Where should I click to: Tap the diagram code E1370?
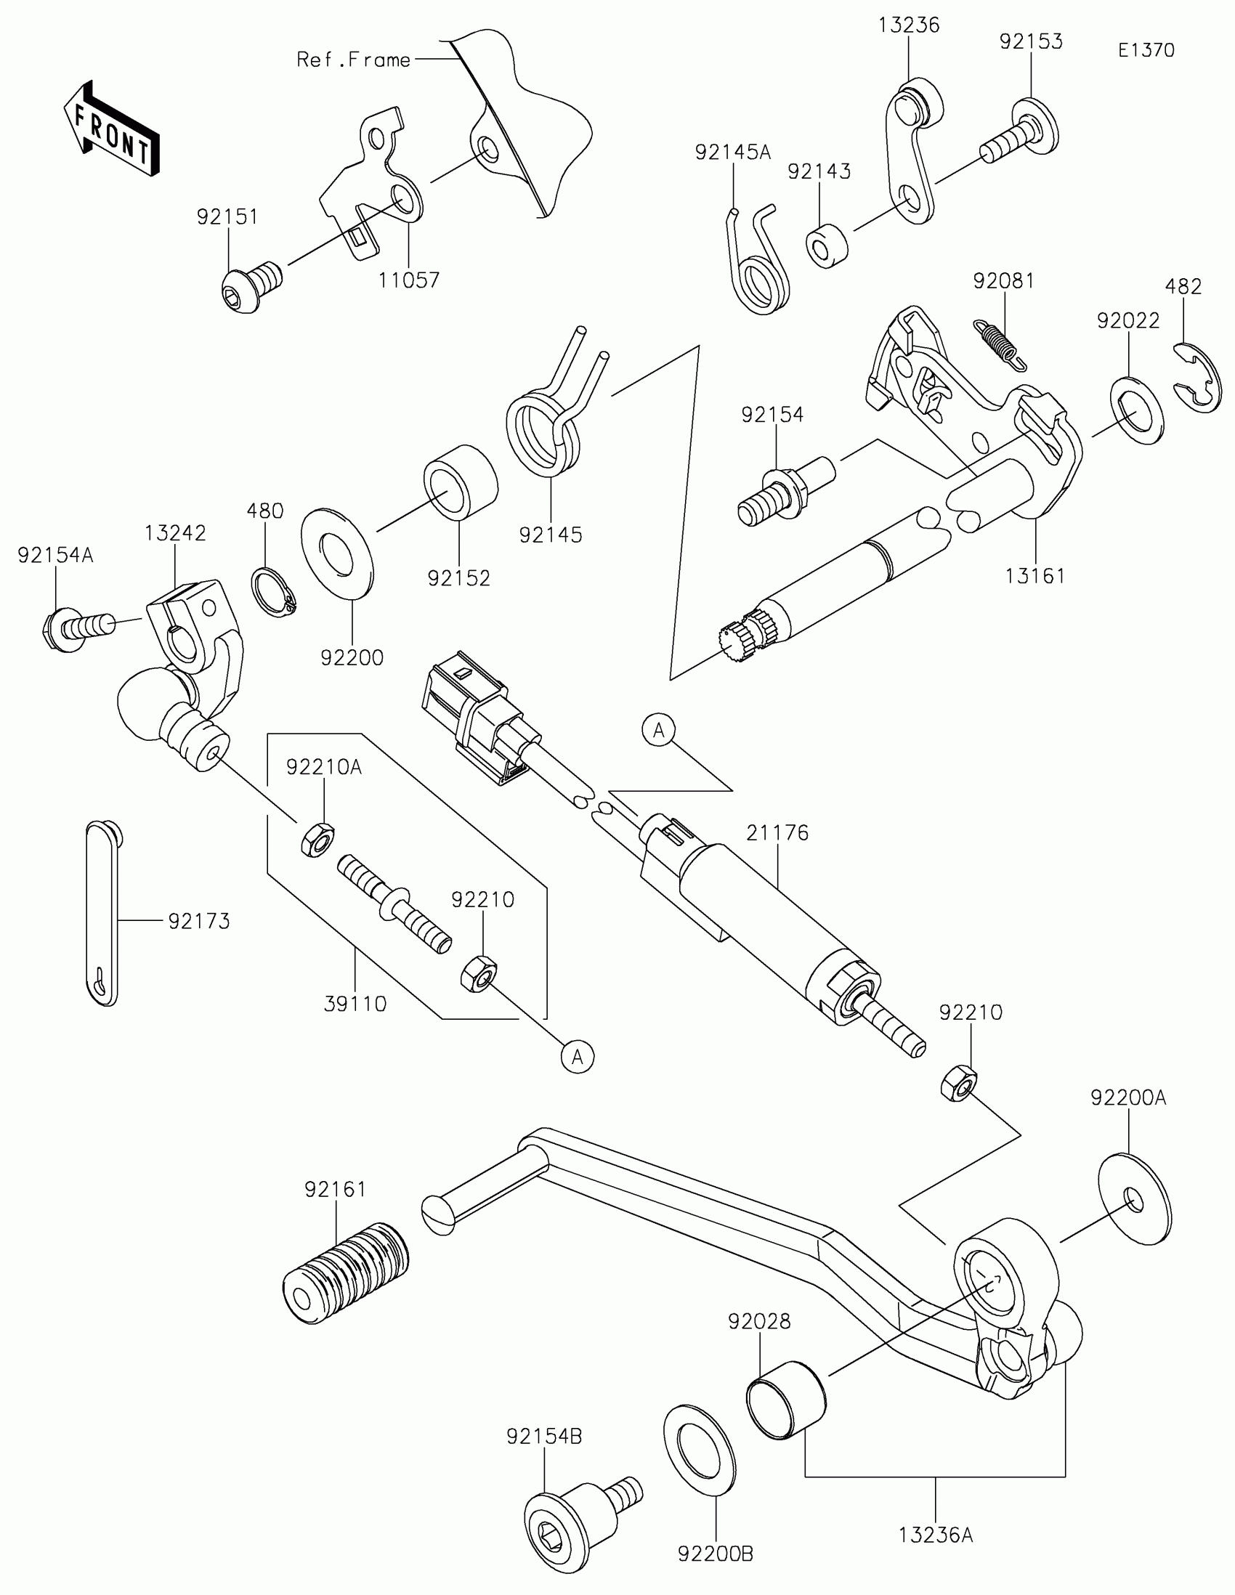[1146, 50]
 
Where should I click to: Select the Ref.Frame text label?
[354, 60]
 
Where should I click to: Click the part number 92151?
[227, 217]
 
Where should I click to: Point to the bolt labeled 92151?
[250, 285]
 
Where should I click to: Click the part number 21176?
[777, 832]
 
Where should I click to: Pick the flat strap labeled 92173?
[102, 913]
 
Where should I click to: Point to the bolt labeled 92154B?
[573, 1518]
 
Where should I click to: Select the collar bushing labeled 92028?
[785, 1400]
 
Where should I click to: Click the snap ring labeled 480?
[274, 590]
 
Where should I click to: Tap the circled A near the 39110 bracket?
[578, 1056]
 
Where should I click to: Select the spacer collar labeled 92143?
[827, 247]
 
